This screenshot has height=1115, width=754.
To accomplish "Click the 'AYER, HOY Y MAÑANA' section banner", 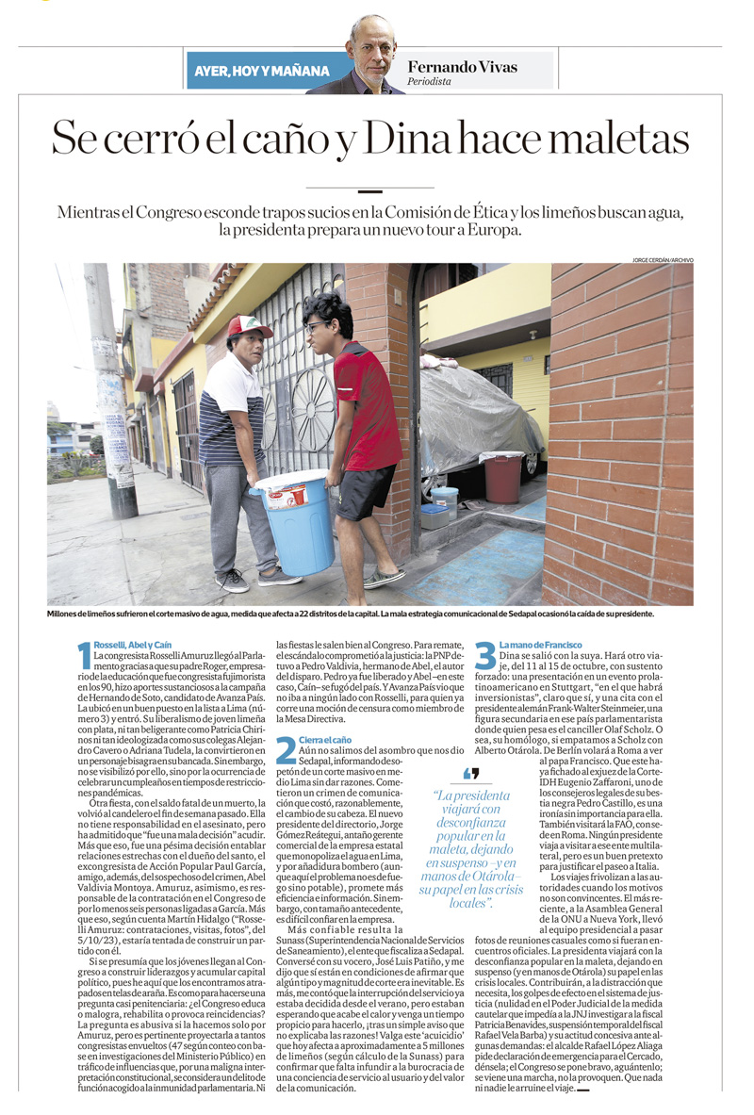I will [x=262, y=71].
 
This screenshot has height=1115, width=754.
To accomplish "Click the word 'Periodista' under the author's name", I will [x=429, y=82].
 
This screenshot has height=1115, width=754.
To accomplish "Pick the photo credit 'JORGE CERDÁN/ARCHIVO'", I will [x=663, y=259].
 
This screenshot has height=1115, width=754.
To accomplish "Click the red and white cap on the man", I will [x=251, y=326].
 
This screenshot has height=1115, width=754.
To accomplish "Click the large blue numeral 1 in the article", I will [x=84, y=655].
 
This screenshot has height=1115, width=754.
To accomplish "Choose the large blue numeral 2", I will [x=285, y=748].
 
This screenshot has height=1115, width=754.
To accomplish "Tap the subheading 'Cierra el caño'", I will [x=325, y=740].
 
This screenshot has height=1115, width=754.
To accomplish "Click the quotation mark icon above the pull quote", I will [x=471, y=774].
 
